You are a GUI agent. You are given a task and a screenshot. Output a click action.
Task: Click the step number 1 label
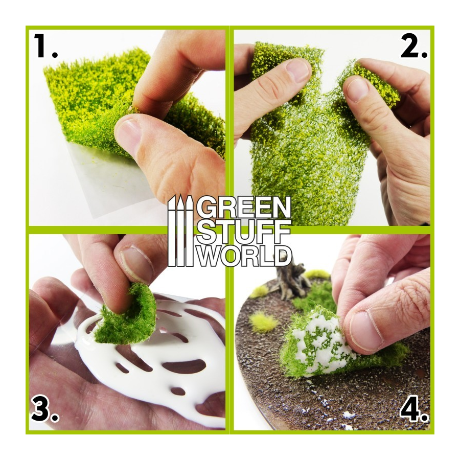pyautogui.click(x=45, y=46)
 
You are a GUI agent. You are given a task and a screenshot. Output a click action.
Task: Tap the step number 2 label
pyautogui.click(x=414, y=46)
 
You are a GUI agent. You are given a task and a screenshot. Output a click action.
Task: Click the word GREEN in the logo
pyautogui.click(x=243, y=207)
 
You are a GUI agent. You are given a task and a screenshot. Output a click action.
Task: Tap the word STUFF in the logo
pyautogui.click(x=243, y=231)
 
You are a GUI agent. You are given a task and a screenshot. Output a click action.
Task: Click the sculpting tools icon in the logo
pyautogui.click(x=180, y=231)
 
